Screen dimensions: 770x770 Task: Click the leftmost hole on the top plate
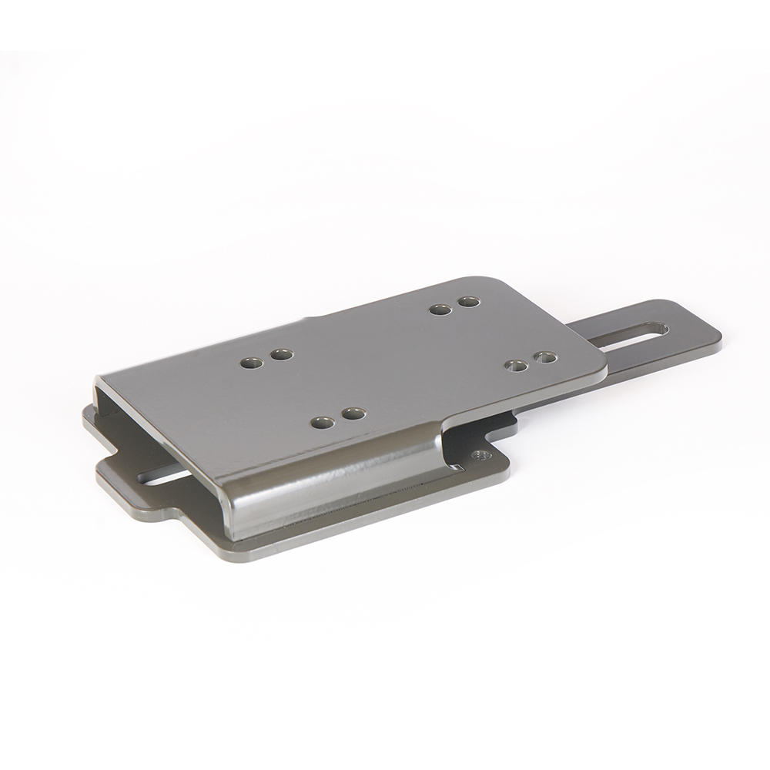[x=251, y=362]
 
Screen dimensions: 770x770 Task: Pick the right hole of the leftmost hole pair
[x=282, y=354]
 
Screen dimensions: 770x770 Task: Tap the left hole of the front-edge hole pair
[x=323, y=423]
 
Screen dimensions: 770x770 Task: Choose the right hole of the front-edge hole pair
[x=353, y=413]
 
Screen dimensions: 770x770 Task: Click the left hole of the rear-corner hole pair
[x=440, y=310]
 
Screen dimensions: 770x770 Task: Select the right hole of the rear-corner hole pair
[x=469, y=301]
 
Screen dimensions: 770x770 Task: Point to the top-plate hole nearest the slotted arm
[x=545, y=357]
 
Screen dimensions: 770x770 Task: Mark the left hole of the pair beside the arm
[x=517, y=365]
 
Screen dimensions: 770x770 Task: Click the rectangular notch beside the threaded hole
[x=504, y=427]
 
